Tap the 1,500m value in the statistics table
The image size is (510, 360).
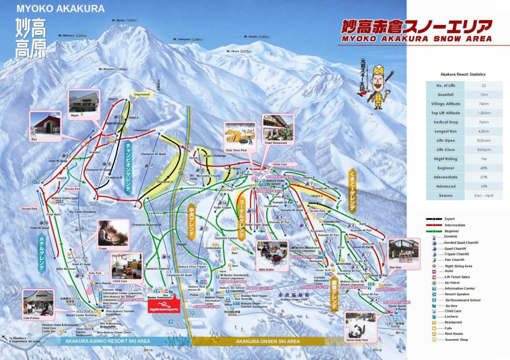tap(484, 113)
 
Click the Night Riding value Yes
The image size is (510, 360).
tap(484, 159)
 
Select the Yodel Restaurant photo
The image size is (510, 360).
tap(277, 128)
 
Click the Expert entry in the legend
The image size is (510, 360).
tap(449, 219)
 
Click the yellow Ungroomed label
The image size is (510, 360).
tap(141, 95)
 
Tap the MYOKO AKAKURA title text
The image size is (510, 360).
tap(61, 9)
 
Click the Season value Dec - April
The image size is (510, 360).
tap(484, 196)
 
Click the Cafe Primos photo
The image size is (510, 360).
tap(39, 303)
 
